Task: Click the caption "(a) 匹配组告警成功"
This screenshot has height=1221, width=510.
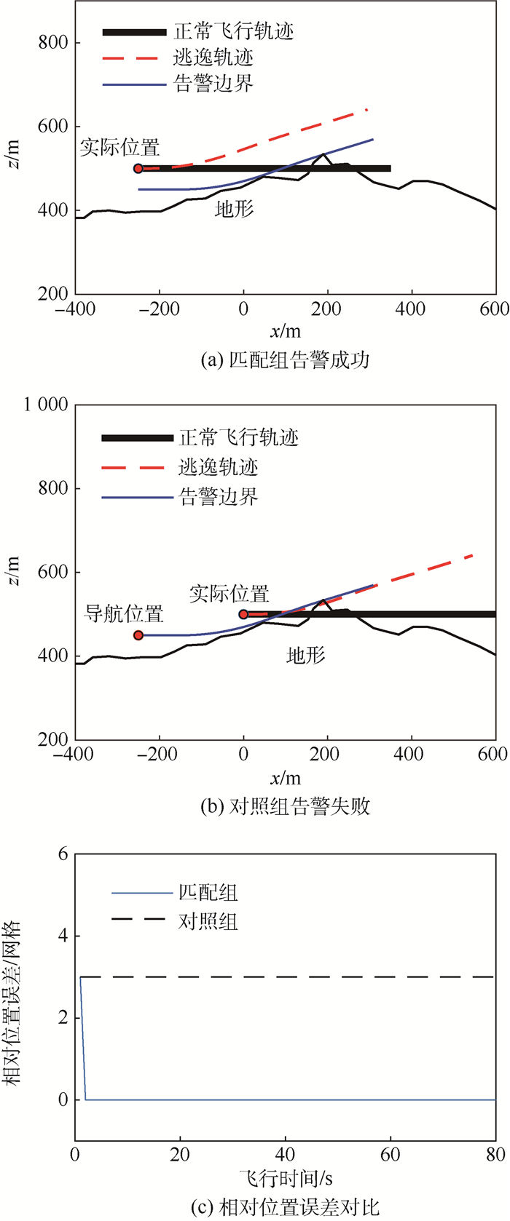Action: click(x=284, y=359)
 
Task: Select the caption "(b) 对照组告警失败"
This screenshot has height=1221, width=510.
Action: click(x=284, y=806)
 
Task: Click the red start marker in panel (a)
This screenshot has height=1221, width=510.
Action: click(x=138, y=168)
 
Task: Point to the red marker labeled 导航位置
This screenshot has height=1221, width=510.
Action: click(x=138, y=635)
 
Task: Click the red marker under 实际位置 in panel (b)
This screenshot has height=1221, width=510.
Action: click(x=244, y=614)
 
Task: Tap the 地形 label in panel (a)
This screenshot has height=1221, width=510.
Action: click(x=235, y=210)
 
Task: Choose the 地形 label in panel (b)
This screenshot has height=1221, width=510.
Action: click(x=305, y=656)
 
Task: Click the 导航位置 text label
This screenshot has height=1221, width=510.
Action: click(x=124, y=613)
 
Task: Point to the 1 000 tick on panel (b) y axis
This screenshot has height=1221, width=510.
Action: click(x=46, y=405)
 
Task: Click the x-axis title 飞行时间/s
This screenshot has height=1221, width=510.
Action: click(x=285, y=1178)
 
